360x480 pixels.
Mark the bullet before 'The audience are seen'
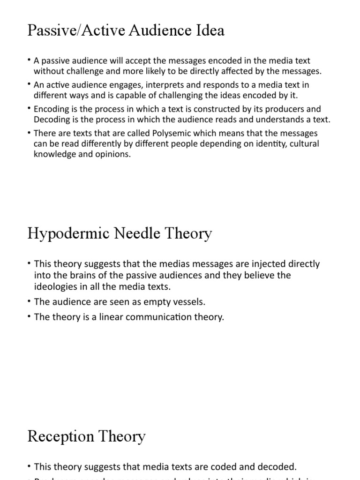pyautogui.click(x=30, y=301)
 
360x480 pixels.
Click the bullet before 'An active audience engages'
pyautogui.click(x=30, y=84)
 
